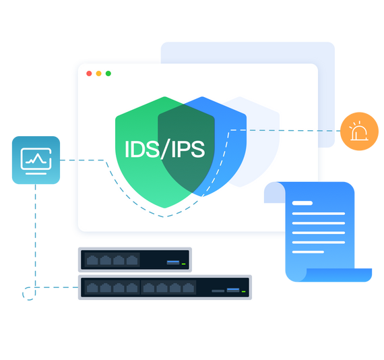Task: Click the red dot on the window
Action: pyautogui.click(x=89, y=73)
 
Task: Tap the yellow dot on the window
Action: pyautogui.click(x=98, y=73)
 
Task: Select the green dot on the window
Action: pyautogui.click(x=108, y=73)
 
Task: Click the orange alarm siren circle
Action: pyautogui.click(x=359, y=131)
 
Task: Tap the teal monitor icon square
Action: pyautogui.click(x=36, y=160)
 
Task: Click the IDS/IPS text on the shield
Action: pyautogui.click(x=165, y=149)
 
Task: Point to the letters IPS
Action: pyautogui.click(x=188, y=149)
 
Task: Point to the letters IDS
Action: pyautogui.click(x=142, y=149)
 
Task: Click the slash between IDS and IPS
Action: pyautogui.click(x=165, y=149)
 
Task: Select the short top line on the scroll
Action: pyautogui.click(x=302, y=203)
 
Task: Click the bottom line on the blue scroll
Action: pyautogui.click(x=308, y=252)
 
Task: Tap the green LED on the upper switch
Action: pyautogui.click(x=183, y=264)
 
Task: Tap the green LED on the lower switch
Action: pyautogui.click(x=243, y=291)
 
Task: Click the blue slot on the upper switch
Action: pyautogui.click(x=173, y=262)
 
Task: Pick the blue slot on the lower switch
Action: pyautogui.click(x=233, y=290)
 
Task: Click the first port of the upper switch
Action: pyautogui.click(x=92, y=260)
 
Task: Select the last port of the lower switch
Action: pyautogui.click(x=189, y=288)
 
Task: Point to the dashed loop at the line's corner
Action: pyautogui.click(x=29, y=293)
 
